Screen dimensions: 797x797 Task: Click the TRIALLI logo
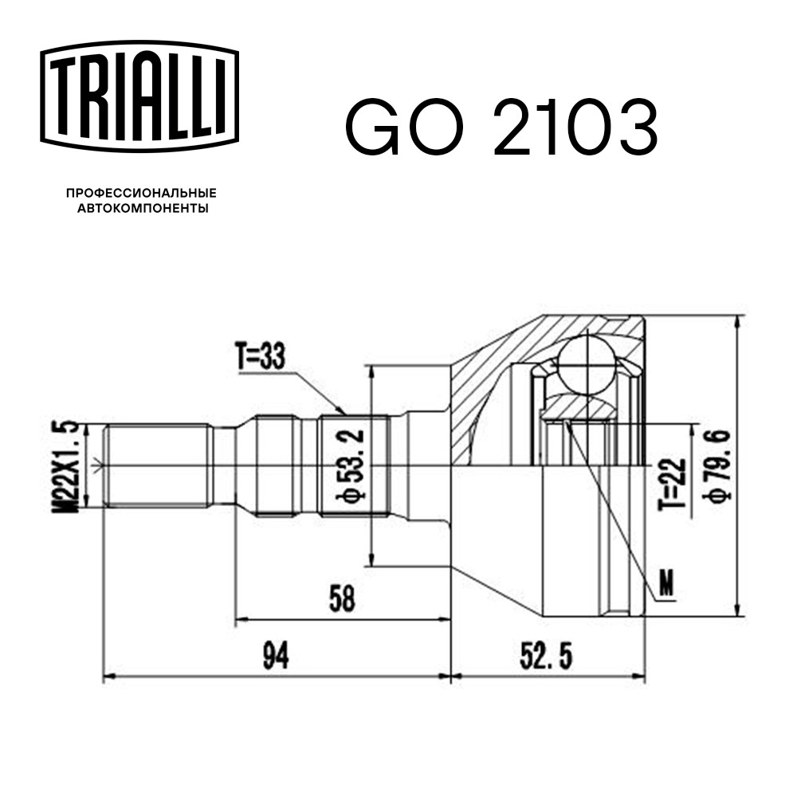[x=139, y=96]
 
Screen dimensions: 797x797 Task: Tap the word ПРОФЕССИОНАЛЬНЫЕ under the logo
[x=141, y=193]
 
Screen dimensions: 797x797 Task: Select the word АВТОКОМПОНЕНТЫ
[x=143, y=208]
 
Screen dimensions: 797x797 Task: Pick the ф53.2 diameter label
[x=350, y=466]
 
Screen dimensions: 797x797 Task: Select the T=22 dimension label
[x=672, y=485]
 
